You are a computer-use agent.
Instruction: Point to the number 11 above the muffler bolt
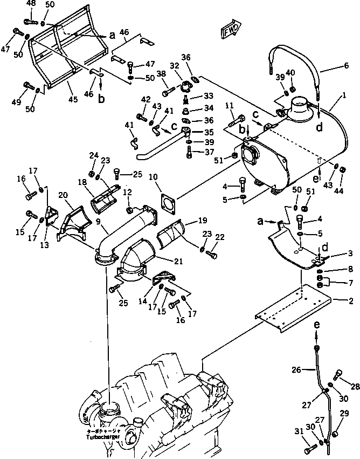pos(229,105)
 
